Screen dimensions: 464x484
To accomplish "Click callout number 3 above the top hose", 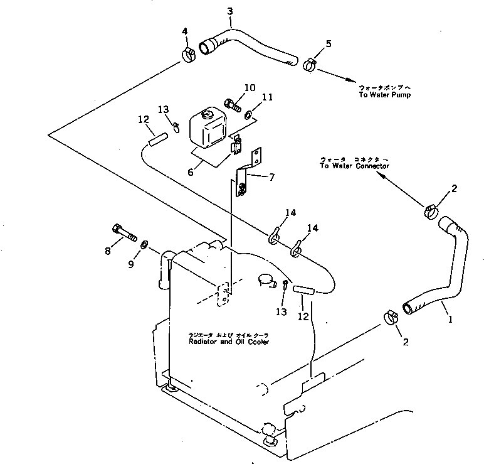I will tap(229, 11).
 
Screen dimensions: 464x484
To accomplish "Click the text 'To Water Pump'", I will tap(384, 94).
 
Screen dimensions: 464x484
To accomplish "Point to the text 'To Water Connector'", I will tap(354, 166).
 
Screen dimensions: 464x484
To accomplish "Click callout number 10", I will tap(250, 88).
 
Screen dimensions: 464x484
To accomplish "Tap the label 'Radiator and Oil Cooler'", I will tap(229, 342).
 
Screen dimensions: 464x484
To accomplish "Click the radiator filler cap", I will tap(266, 280).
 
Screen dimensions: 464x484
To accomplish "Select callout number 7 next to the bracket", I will tap(271, 178).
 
